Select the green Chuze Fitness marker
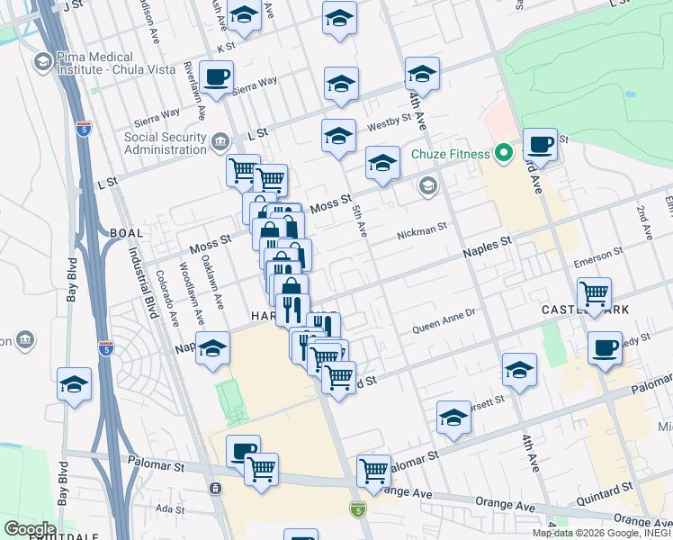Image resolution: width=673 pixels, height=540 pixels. [505, 154]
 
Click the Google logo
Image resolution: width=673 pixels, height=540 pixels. [30, 528]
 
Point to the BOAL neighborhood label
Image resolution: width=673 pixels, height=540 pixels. [126, 232]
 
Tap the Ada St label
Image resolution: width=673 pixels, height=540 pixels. [169, 508]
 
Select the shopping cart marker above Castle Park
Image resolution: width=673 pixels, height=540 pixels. [594, 292]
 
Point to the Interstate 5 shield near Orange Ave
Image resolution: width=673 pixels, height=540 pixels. [357, 509]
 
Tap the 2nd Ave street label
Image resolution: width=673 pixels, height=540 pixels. [645, 223]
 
